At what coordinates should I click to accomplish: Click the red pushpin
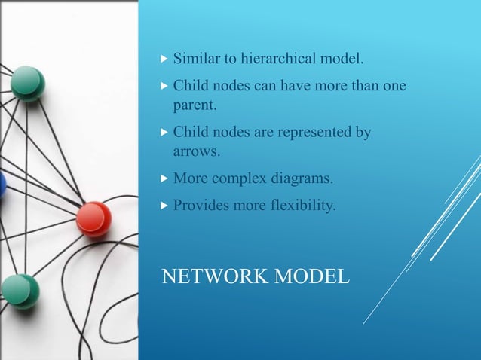point(93,218)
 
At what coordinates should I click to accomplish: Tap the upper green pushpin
point(28,83)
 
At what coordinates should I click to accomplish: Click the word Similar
point(198,58)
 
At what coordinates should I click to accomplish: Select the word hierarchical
point(278,58)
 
